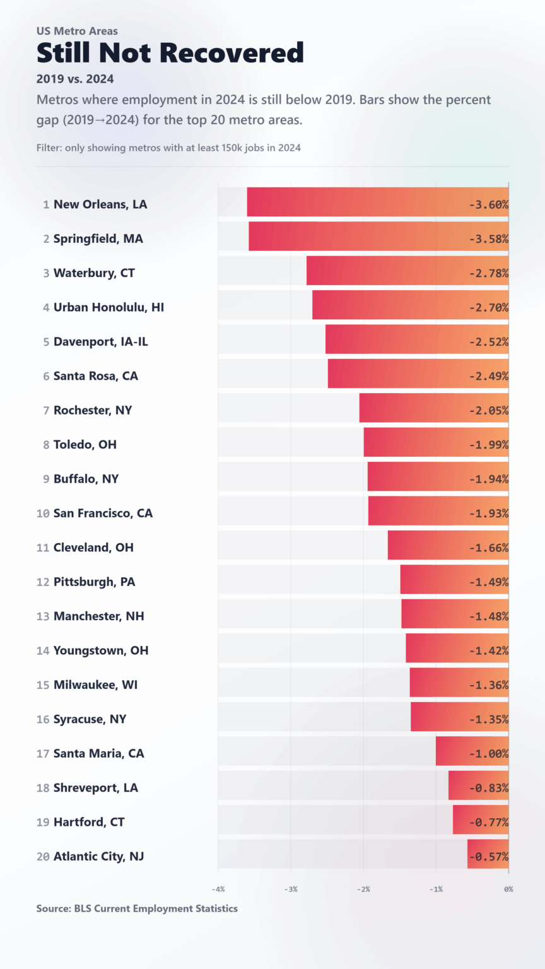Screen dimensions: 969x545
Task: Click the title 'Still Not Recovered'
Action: [170, 53]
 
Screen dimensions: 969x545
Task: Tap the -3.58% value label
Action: [488, 239]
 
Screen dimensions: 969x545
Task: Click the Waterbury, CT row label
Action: [94, 273]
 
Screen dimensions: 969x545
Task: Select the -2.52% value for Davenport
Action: [488, 342]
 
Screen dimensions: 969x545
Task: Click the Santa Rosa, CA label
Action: [95, 376]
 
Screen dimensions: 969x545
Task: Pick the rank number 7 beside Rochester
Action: [46, 411]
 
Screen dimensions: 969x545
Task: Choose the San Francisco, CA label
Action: [103, 514]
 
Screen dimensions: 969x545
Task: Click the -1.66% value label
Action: [488, 548]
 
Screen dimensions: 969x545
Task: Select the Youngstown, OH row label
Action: [101, 650]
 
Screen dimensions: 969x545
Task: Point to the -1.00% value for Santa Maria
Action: [488, 754]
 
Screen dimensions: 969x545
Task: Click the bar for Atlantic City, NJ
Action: [488, 854]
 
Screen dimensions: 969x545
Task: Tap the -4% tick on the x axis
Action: [218, 890]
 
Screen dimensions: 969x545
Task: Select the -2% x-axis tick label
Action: [363, 890]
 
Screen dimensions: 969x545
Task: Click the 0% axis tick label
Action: [508, 890]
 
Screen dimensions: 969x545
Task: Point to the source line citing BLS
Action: [137, 908]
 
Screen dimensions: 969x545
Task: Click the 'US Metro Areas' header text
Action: [77, 31]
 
